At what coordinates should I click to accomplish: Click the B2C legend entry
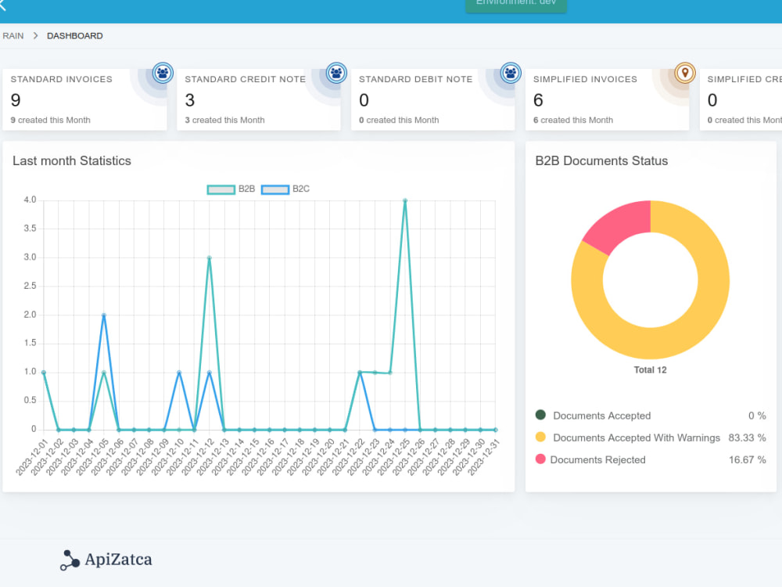[285, 189]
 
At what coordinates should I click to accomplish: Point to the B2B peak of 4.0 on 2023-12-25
[405, 200]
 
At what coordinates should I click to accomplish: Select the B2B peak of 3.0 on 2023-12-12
[209, 257]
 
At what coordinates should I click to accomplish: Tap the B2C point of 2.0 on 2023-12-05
[104, 315]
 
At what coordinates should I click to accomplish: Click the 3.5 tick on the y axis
[29, 229]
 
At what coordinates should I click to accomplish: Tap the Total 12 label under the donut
[650, 369]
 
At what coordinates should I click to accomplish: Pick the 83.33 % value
[747, 438]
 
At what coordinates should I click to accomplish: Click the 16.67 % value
[747, 459]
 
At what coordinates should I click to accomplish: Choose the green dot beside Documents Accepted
[540, 415]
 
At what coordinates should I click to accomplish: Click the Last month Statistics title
[72, 161]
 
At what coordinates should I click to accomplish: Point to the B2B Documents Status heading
[601, 161]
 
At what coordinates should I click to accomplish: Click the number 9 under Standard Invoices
[16, 100]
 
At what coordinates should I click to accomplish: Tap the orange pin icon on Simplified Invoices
[685, 74]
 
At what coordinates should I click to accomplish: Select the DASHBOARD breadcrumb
[74, 36]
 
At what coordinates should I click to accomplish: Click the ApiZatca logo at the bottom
[106, 560]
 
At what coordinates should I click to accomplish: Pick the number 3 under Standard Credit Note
[190, 100]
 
